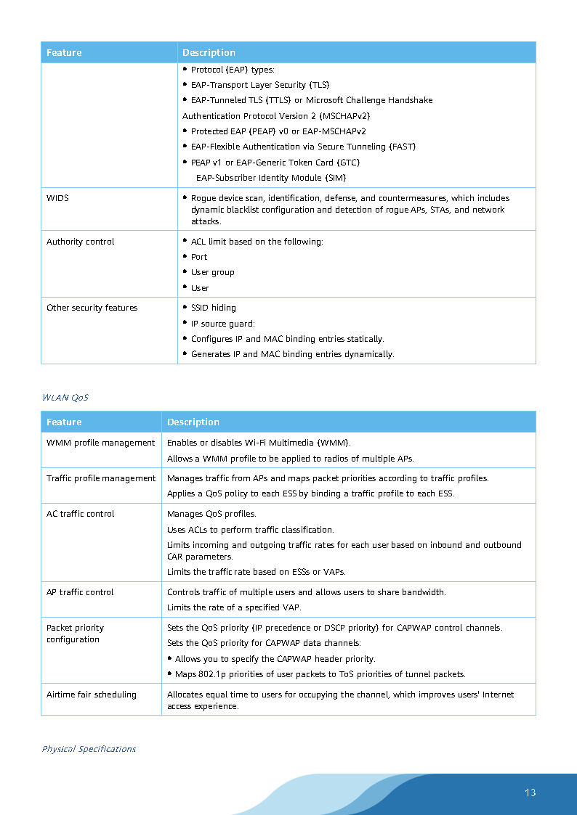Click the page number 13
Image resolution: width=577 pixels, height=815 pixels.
pos(530,793)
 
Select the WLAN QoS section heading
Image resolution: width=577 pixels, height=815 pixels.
pos(65,398)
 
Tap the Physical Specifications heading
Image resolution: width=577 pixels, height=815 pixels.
pos(89,749)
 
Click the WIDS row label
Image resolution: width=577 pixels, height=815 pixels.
pos(57,198)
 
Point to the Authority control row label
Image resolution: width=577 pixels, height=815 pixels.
pos(80,242)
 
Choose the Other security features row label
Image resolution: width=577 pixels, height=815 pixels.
pos(92,308)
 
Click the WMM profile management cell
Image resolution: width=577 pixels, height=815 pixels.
pos(100,443)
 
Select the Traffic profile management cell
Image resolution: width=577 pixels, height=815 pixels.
pos(100,478)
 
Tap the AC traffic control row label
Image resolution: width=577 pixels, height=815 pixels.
pos(80,514)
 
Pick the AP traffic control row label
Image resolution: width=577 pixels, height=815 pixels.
pos(80,592)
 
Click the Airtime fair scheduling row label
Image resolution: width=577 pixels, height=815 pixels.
pos(91,695)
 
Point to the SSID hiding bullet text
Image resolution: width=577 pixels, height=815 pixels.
pos(213,308)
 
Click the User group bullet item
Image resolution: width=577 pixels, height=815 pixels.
pos(212,272)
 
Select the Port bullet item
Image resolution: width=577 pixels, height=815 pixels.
pos(199,257)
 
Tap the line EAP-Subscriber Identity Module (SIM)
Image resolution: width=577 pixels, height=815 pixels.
pos(271,178)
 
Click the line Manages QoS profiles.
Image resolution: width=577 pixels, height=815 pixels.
pos(211,514)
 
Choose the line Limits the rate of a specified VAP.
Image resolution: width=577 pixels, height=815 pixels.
pos(234,607)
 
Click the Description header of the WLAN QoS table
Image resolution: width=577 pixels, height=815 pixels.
pos(193,422)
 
